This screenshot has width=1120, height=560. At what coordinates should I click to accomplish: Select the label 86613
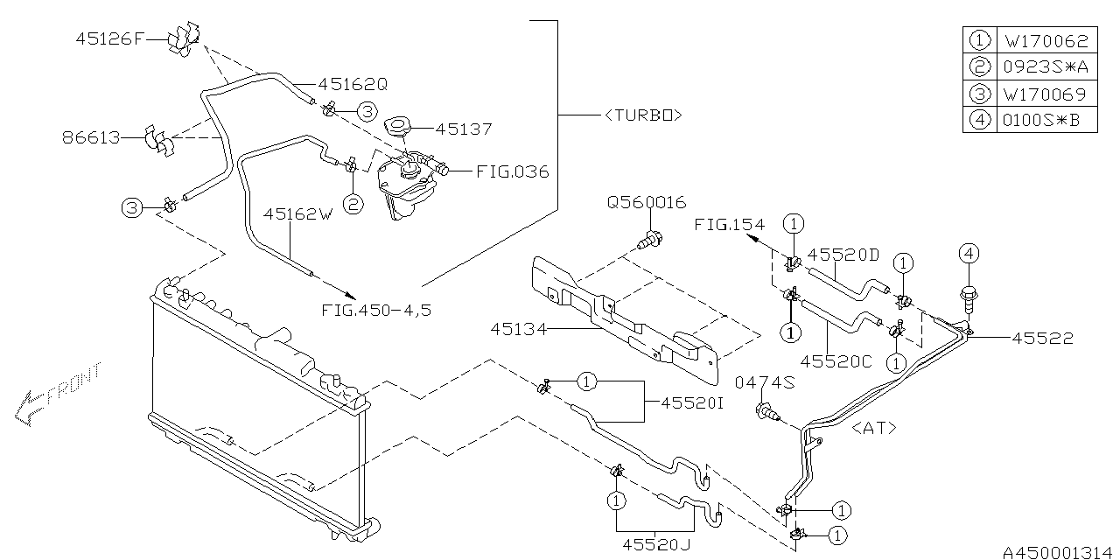tap(91, 138)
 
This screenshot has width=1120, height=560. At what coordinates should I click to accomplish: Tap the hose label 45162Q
tap(353, 85)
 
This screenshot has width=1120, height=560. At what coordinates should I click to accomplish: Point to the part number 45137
tap(463, 129)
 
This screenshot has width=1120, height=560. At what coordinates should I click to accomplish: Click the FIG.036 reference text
tap(512, 171)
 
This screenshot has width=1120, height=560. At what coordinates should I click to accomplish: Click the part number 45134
tap(520, 329)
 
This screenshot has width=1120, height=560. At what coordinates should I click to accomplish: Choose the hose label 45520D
tap(843, 255)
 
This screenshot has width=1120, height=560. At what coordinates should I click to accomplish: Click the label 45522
tap(1042, 338)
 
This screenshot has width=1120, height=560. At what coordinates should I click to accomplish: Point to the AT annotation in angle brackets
tap(873, 428)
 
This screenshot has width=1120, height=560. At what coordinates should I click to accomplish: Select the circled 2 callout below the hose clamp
tap(353, 205)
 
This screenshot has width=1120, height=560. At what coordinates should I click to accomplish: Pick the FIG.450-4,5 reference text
tap(375, 310)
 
